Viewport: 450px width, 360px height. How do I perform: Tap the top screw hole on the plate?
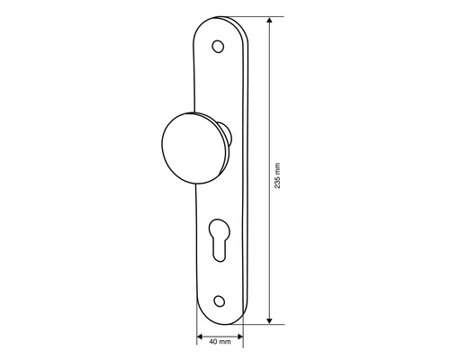[216, 46]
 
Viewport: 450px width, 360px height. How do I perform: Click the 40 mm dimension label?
[220, 342]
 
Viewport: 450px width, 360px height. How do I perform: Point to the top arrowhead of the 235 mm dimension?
[269, 21]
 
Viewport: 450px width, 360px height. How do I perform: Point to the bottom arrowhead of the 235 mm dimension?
[269, 319]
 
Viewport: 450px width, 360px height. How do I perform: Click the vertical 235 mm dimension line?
[269, 108]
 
